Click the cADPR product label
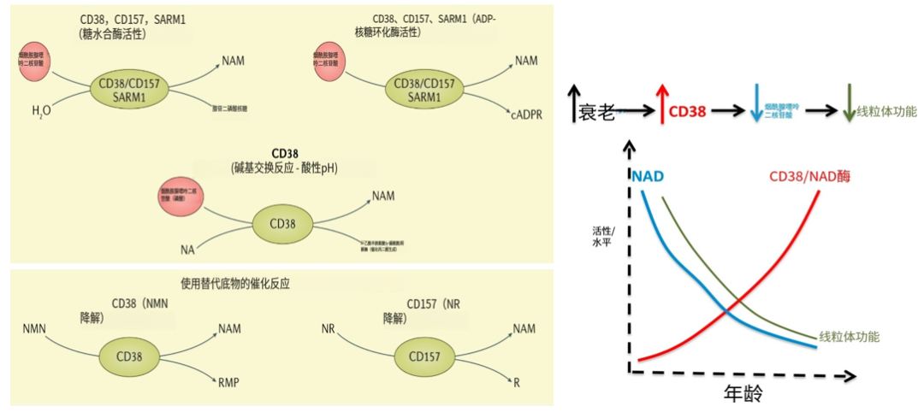coord(527,115)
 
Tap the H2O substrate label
coord(41,111)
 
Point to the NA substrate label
coord(188,250)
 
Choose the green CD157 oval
coord(423,355)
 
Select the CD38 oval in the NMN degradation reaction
coord(128,355)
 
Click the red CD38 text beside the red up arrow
coord(690,112)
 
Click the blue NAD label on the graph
coord(648,177)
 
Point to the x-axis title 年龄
coord(743,394)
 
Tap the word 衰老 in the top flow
coord(596,112)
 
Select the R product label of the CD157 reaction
coord(517,382)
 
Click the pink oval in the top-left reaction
coord(34,59)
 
